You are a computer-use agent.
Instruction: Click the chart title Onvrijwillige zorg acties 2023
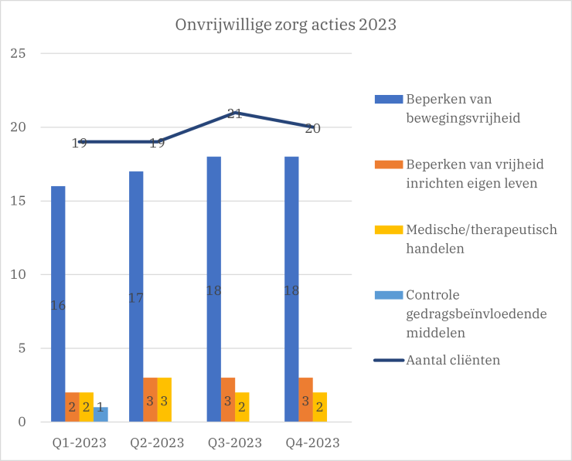pyautogui.click(x=285, y=25)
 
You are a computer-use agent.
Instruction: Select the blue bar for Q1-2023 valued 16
pyautogui.click(x=58, y=304)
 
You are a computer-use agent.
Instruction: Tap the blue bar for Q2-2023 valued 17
pyautogui.click(x=136, y=297)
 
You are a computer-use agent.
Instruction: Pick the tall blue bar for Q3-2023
pyautogui.click(x=214, y=290)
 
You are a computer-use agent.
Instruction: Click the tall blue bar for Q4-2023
pyautogui.click(x=291, y=290)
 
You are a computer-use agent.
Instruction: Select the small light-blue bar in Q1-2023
pyautogui.click(x=100, y=415)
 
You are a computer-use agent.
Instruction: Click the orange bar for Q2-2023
pyautogui.click(x=150, y=400)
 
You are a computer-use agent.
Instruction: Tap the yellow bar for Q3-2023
pyautogui.click(x=242, y=407)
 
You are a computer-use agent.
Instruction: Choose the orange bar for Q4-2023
pyautogui.click(x=305, y=400)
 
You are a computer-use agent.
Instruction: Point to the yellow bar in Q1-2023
pyautogui.click(x=87, y=407)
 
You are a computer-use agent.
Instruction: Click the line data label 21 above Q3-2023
pyautogui.click(x=235, y=114)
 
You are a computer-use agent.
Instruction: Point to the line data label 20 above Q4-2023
pyautogui.click(x=312, y=128)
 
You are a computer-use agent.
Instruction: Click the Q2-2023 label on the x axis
pyautogui.click(x=157, y=443)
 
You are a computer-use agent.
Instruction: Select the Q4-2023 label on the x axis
pyautogui.click(x=312, y=443)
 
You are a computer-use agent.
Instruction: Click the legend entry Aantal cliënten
pyautogui.click(x=452, y=360)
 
